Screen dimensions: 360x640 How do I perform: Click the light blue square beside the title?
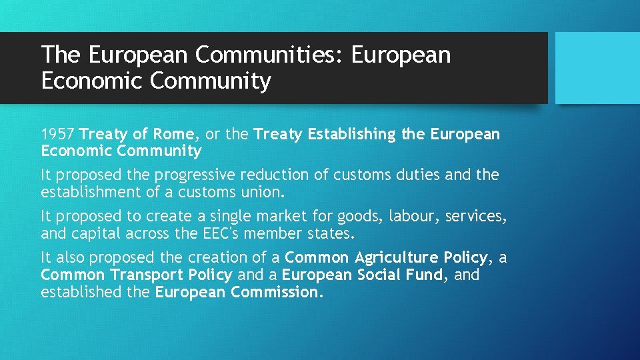pos(597,68)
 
